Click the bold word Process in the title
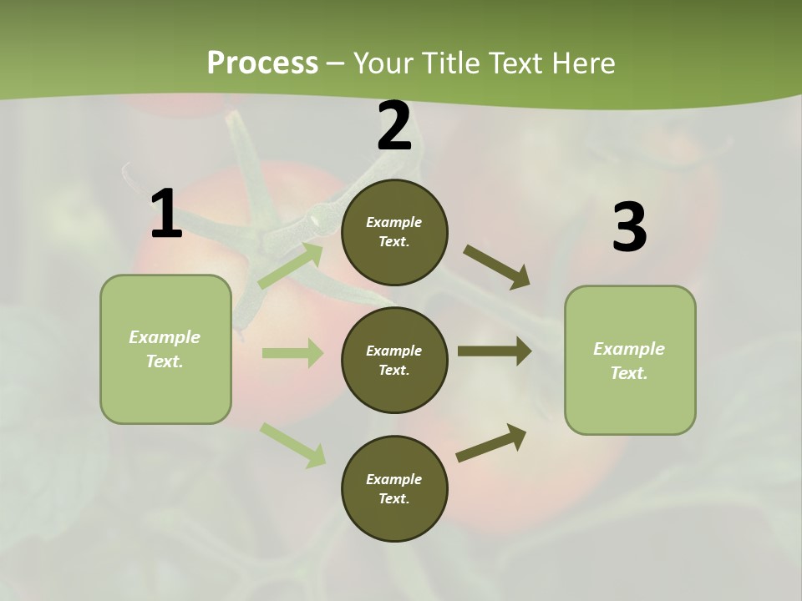[x=262, y=63]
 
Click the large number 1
[x=165, y=215]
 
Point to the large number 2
[x=394, y=127]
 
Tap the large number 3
[x=629, y=228]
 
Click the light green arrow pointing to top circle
[x=290, y=265]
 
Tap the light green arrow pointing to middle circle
[x=292, y=353]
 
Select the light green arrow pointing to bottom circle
[x=292, y=444]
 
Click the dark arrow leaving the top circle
[x=497, y=267]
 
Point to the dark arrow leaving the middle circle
[x=495, y=351]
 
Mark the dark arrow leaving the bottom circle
[x=491, y=442]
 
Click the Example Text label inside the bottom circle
[x=394, y=489]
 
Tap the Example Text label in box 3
[x=629, y=361]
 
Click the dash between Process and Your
[x=336, y=63]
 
